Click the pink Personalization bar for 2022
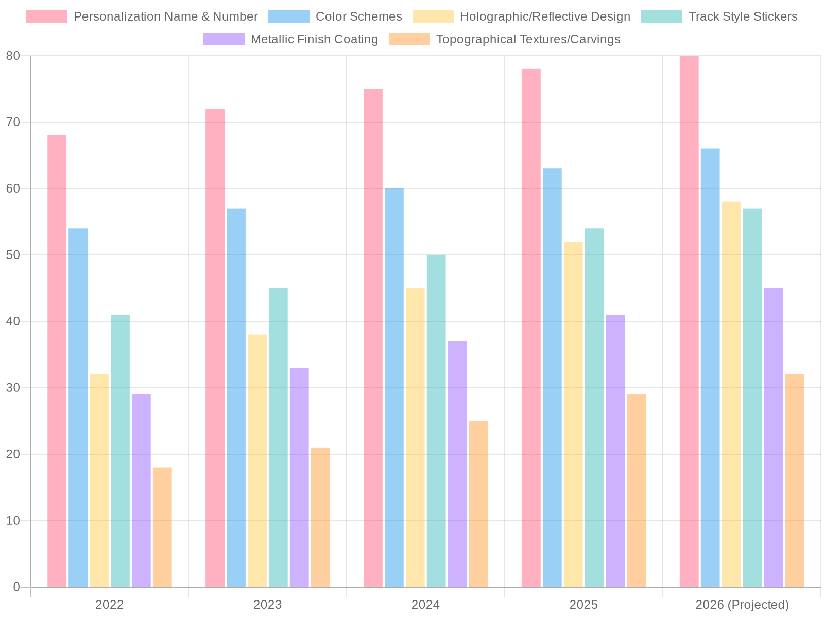click(57, 360)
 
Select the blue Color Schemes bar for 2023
click(236, 397)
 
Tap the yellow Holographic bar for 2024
click(415, 437)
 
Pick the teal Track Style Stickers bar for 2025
click(594, 407)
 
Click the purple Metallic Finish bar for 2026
click(773, 437)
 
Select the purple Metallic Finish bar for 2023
click(299, 477)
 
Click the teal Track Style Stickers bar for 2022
click(120, 450)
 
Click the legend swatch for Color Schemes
click(289, 16)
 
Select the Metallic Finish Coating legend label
click(314, 39)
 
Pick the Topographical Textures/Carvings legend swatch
click(409, 39)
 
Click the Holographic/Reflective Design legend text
click(545, 16)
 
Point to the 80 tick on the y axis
click(13, 56)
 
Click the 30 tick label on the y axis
click(13, 388)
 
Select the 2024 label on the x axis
click(425, 605)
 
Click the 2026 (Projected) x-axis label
click(742, 605)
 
